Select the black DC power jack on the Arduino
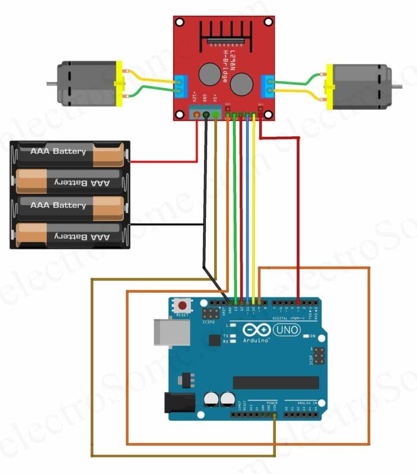coord(180,403)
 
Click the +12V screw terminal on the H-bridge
coord(197,114)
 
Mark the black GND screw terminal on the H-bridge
coord(206,114)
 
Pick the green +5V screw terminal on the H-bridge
coord(215,114)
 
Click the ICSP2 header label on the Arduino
coord(208,322)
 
